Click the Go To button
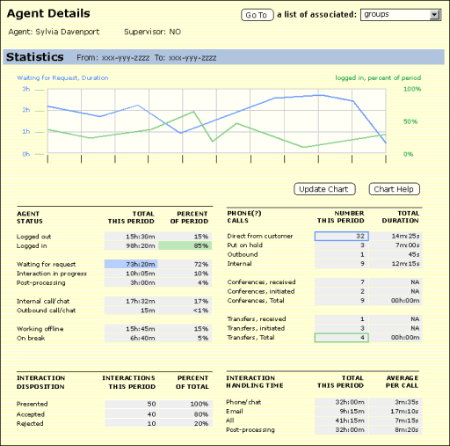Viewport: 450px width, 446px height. click(x=258, y=15)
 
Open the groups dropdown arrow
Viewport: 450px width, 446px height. click(x=434, y=15)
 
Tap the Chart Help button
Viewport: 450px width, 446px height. click(x=394, y=189)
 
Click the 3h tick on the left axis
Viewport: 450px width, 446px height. click(x=26, y=89)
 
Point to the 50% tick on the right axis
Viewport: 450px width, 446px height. click(x=410, y=121)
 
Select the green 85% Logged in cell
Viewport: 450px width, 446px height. click(x=185, y=245)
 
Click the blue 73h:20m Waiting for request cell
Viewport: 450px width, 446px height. click(x=131, y=264)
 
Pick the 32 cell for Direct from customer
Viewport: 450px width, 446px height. click(x=342, y=237)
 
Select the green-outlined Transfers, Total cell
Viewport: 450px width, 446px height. click(x=342, y=338)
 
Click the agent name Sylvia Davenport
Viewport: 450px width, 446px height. click(x=68, y=32)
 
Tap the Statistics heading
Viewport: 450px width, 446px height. click(x=35, y=57)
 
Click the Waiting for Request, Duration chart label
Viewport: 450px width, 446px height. click(x=62, y=78)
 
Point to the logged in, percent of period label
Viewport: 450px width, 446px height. click(x=378, y=78)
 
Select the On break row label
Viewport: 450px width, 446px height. click(x=31, y=338)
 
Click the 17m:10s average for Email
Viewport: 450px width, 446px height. click(x=404, y=412)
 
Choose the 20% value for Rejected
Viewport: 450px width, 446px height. click(x=201, y=424)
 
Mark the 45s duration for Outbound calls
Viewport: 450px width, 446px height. click(x=414, y=254)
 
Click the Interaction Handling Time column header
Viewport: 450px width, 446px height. click(x=255, y=382)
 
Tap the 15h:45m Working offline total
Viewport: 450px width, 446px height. click(x=141, y=329)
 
